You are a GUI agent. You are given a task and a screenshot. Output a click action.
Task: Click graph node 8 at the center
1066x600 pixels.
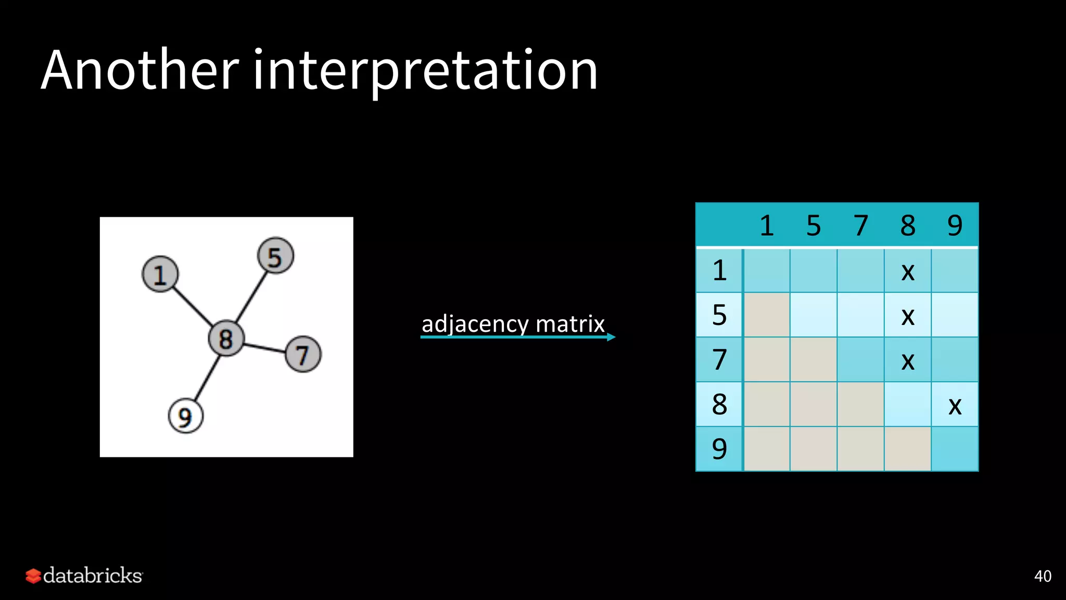(226, 339)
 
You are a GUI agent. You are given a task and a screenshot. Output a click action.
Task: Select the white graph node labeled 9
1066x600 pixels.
(185, 416)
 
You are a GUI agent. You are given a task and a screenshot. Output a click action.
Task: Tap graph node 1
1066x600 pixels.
(160, 274)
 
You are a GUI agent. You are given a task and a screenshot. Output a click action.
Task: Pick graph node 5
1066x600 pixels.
(275, 256)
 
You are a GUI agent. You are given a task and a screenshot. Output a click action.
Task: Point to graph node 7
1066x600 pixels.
(303, 354)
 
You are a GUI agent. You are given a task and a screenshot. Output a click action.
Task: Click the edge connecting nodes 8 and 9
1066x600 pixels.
(206, 378)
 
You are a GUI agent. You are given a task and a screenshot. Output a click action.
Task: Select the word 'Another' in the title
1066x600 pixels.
(139, 70)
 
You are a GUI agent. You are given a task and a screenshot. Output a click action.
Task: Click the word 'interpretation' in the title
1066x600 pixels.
(425, 70)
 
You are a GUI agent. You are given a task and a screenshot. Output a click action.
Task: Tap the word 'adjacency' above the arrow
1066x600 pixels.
(475, 324)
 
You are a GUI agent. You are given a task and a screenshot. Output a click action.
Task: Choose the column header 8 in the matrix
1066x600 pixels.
(908, 226)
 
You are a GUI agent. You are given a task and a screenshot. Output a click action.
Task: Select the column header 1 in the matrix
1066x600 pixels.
(767, 226)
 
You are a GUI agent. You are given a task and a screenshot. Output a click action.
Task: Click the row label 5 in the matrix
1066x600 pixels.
(719, 315)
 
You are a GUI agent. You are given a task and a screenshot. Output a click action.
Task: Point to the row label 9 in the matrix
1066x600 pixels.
(719, 449)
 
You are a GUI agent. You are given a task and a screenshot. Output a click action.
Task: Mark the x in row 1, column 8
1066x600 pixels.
(908, 271)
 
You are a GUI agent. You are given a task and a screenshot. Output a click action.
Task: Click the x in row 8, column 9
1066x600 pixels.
(955, 406)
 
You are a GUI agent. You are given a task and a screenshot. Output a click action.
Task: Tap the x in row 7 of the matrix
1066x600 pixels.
(908, 361)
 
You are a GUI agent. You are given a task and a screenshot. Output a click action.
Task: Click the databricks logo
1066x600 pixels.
(84, 576)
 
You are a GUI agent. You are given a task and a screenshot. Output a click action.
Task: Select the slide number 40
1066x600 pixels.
(1043, 576)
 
